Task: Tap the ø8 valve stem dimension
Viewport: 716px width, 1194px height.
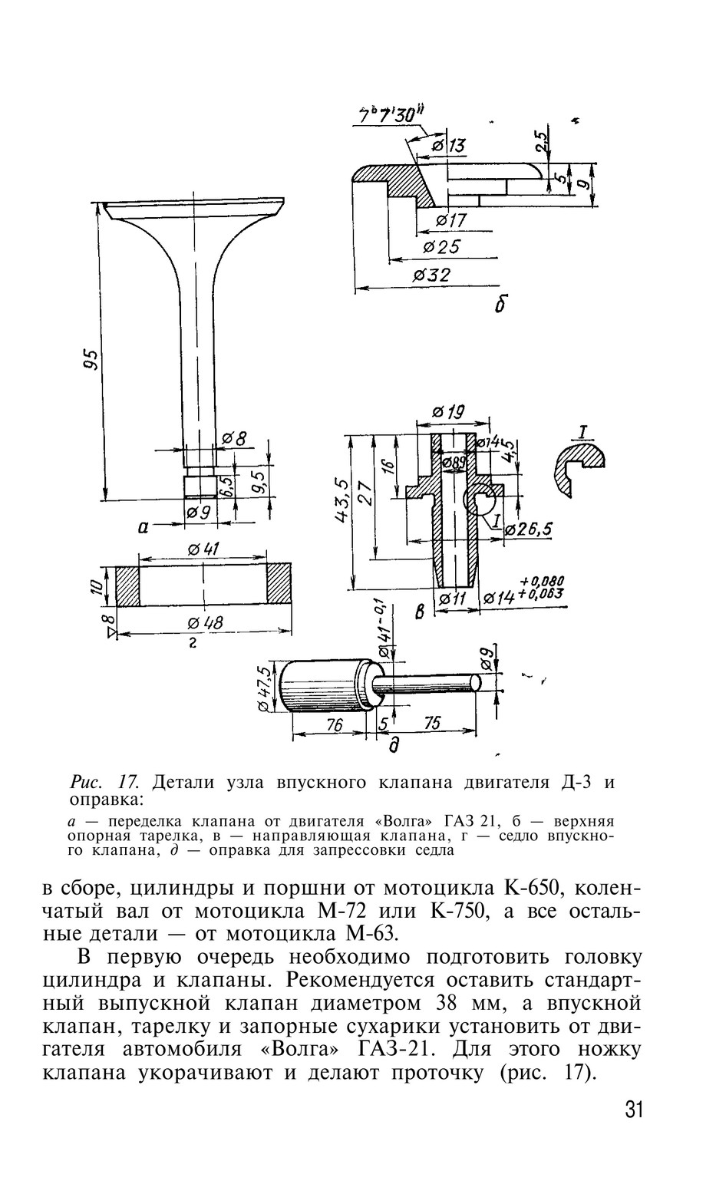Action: click(x=234, y=439)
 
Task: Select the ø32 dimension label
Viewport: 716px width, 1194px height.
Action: click(x=431, y=275)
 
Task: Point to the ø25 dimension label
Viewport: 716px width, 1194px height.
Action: click(x=440, y=247)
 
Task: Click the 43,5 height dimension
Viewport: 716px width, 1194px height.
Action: click(x=342, y=503)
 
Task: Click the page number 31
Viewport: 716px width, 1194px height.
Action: click(x=634, y=1110)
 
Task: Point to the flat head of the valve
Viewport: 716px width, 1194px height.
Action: click(x=193, y=208)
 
